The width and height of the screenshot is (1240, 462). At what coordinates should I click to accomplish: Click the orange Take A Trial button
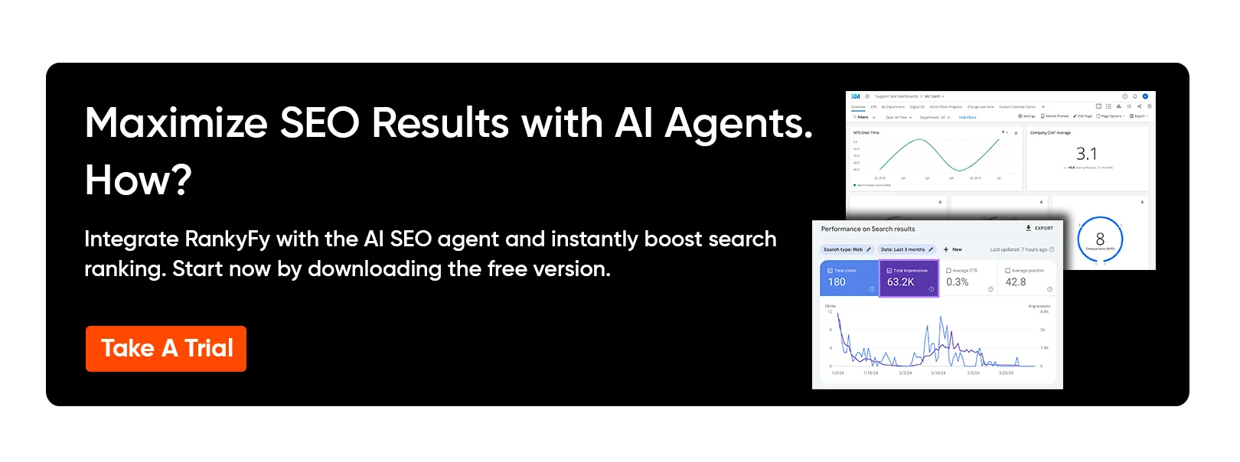(166, 349)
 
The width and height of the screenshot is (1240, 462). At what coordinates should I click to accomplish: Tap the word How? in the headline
(139, 181)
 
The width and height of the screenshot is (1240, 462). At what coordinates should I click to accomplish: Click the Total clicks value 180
(837, 282)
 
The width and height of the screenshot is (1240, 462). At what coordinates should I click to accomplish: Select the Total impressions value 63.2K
(901, 282)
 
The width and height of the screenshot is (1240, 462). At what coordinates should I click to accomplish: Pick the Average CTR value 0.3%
(958, 282)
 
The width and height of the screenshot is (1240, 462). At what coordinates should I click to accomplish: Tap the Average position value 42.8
(1016, 282)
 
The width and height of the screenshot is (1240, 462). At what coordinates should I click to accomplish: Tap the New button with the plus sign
(953, 249)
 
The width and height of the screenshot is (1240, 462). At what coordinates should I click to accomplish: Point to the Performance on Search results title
(868, 229)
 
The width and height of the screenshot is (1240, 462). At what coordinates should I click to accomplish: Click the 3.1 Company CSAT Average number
(1086, 154)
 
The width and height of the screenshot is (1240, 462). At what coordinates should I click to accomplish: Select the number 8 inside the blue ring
(1100, 239)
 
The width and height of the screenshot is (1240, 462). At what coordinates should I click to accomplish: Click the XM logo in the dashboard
(856, 96)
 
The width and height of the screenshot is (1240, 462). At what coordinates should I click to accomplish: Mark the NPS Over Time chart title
(866, 133)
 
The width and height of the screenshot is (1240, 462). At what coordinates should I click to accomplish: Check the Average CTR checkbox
(949, 271)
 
